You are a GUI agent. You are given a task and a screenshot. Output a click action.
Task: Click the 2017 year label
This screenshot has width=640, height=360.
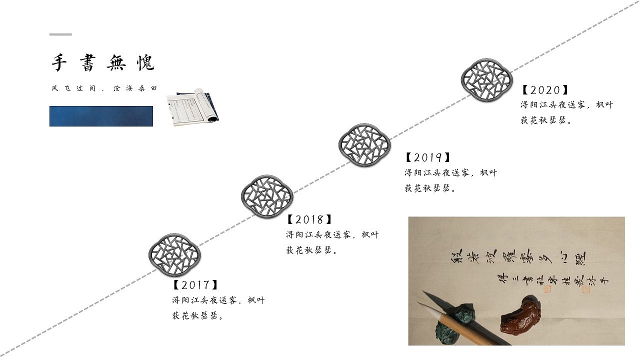click(x=195, y=285)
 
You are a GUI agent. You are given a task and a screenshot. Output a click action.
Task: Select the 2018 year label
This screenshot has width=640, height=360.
click(x=309, y=219)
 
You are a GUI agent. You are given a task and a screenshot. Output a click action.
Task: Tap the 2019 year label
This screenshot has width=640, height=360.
click(x=428, y=157)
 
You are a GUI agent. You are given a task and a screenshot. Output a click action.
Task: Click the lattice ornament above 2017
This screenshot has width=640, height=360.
click(x=174, y=254)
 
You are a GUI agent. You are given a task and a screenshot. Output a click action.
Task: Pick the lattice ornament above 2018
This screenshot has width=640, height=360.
click(x=266, y=196)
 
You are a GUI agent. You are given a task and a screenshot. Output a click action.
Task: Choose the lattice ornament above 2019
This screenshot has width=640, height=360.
click(x=363, y=144)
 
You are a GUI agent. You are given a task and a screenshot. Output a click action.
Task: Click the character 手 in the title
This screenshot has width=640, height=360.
click(x=59, y=63)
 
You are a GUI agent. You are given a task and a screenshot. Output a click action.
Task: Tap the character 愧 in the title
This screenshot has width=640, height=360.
click(x=145, y=63)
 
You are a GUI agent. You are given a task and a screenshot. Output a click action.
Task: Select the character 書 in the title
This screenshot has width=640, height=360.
click(x=87, y=63)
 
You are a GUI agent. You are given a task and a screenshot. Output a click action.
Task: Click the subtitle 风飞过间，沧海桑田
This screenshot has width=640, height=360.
click(x=104, y=88)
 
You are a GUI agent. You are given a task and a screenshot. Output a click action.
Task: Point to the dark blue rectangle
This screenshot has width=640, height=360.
click(x=101, y=116)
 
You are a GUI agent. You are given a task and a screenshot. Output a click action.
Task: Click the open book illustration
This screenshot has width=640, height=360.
click(x=192, y=107)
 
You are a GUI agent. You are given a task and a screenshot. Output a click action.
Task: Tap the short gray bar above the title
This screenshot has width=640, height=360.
click(x=60, y=34)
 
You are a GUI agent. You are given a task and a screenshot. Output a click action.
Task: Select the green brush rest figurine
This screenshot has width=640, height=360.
click(x=452, y=325)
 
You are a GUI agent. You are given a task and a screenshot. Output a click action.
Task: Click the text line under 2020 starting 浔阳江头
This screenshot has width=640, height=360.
click(x=566, y=105)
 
